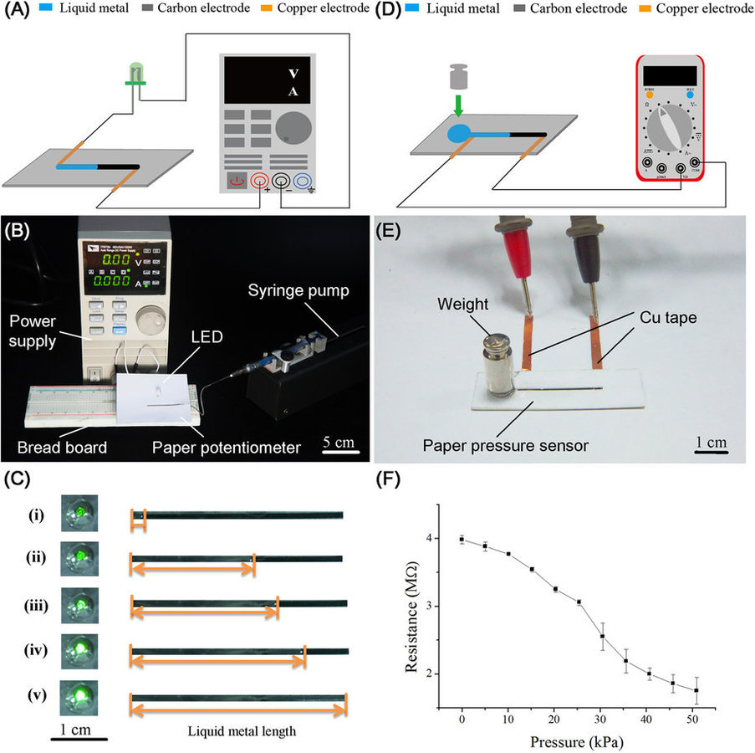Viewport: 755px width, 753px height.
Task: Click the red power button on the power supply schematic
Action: (x=237, y=180)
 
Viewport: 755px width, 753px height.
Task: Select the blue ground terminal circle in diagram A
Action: (x=303, y=180)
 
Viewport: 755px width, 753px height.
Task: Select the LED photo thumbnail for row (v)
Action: (x=79, y=696)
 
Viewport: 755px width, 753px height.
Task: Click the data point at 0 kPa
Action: (x=462, y=540)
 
